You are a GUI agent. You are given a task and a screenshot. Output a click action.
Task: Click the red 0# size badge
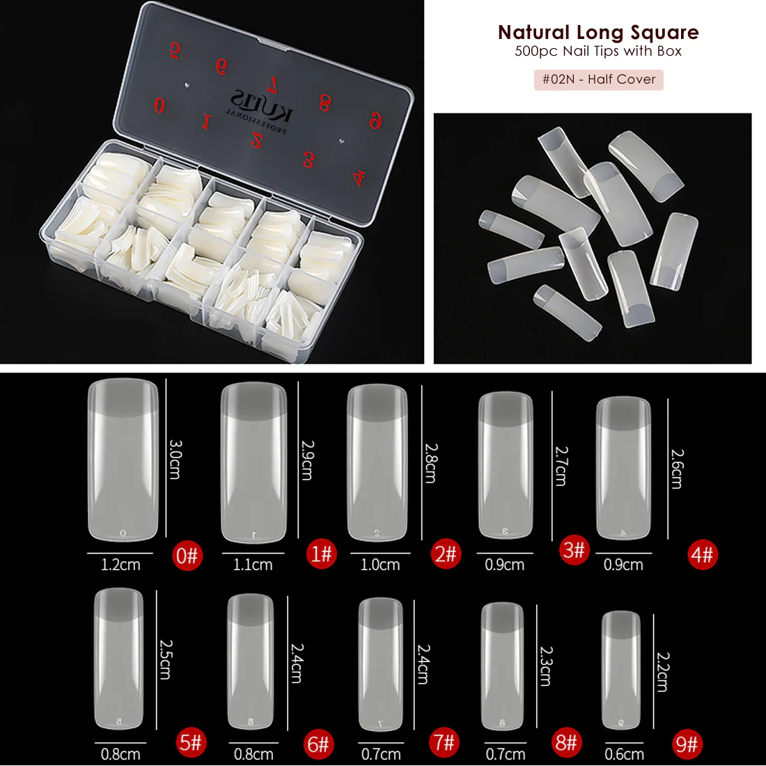click(x=187, y=556)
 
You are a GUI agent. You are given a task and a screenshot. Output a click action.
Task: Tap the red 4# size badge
click(x=702, y=555)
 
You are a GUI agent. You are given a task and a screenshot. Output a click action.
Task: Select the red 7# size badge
click(x=444, y=742)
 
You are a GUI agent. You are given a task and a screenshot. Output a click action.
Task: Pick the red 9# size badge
click(x=687, y=745)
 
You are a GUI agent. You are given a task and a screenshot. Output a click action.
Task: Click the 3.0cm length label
click(x=175, y=458)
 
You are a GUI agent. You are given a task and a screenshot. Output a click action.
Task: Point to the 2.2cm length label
click(x=662, y=672)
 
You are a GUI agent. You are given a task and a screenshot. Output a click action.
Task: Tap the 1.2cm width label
click(x=120, y=565)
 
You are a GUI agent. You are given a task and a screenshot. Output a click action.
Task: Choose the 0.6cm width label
click(x=624, y=754)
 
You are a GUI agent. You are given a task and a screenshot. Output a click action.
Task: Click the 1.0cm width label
click(x=380, y=565)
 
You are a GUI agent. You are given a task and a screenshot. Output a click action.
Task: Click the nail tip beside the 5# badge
click(x=119, y=659)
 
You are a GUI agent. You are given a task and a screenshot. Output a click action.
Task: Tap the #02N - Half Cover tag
click(x=599, y=79)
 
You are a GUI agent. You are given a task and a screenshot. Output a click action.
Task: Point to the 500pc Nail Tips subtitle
click(x=598, y=51)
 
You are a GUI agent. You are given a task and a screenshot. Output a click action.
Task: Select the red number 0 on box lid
click(x=159, y=105)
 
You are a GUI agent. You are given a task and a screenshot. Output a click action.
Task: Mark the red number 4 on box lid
click(x=358, y=178)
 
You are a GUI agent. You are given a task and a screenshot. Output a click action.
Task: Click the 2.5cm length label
click(x=165, y=659)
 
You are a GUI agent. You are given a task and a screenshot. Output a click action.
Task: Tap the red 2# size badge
click(x=446, y=554)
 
